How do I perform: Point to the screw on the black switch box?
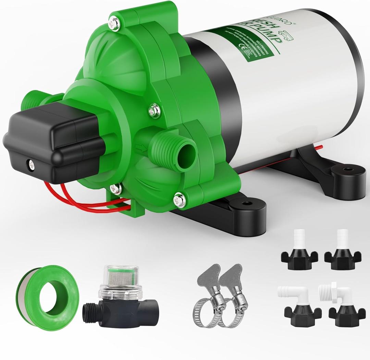click(31, 164)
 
